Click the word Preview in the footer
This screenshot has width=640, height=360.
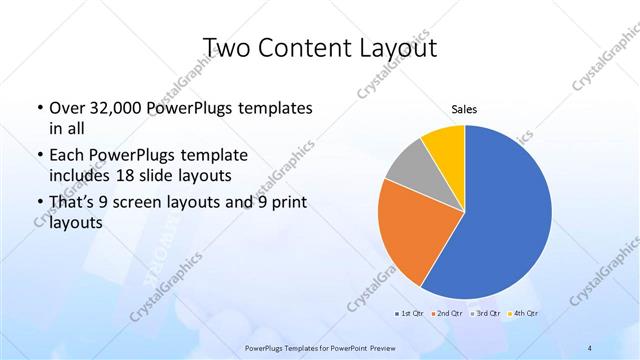(x=386, y=348)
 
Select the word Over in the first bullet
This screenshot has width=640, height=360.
(x=65, y=108)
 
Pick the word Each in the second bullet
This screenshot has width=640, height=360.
(x=66, y=157)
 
